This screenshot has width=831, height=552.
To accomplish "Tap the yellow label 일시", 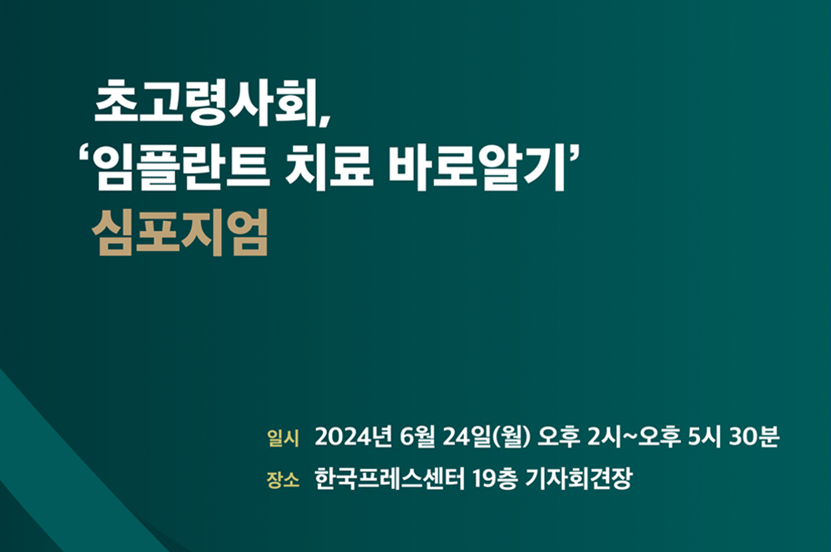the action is click(282, 438).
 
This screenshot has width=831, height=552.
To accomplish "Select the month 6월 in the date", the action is click(417, 437).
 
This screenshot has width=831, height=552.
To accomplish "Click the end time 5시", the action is click(704, 437).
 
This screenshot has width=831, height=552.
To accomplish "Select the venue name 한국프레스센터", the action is click(389, 478).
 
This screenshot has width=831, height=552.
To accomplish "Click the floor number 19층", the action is click(495, 478).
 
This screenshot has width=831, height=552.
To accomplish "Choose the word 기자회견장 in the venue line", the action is click(579, 478).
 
